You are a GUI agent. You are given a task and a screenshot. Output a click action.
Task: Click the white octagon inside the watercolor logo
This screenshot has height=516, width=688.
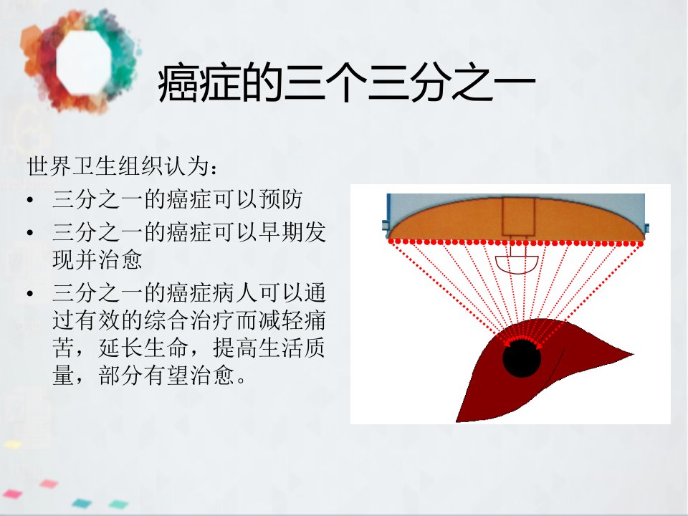point(84,62)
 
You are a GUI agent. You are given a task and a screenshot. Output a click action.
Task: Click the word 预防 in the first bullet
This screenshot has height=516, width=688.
point(280,199)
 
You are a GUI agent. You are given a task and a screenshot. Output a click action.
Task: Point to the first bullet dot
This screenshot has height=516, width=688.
point(30,200)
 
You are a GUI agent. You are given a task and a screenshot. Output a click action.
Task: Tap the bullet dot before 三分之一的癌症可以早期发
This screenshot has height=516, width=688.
point(30,232)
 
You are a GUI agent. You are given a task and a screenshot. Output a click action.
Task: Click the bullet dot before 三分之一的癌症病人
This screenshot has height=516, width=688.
point(30,293)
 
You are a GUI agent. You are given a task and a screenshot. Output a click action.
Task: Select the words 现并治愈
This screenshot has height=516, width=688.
point(97,259)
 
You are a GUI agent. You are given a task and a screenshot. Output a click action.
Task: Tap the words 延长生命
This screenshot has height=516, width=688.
point(143,348)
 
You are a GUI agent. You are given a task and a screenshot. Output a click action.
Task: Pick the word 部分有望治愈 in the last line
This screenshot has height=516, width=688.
point(167,376)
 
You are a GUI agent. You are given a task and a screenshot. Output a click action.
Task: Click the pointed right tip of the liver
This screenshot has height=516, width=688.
point(633,353)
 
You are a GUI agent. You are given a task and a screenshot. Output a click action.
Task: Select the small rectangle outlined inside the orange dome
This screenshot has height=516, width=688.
point(518,216)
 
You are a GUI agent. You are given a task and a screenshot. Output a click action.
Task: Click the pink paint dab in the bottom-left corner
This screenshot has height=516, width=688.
point(11,494)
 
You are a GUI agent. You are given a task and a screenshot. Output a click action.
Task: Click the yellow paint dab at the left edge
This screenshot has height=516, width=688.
point(12,444)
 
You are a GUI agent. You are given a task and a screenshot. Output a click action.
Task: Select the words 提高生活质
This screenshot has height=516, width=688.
point(269,348)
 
